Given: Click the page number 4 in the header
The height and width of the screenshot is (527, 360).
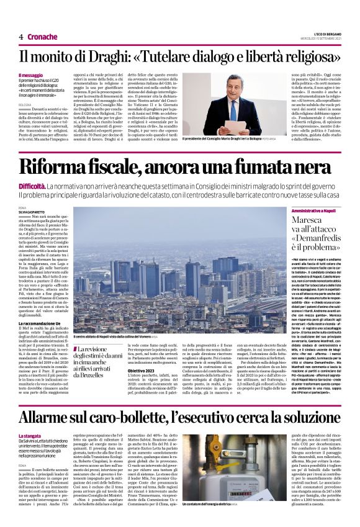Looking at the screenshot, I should coord(20,37).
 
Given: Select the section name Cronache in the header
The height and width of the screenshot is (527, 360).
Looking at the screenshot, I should coord(42,37).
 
